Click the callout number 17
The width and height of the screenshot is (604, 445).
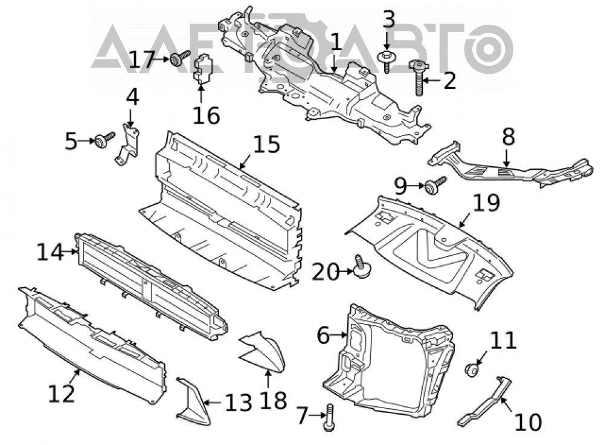point(141,60)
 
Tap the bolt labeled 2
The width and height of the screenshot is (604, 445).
point(419,77)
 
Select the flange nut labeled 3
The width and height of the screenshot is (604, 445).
point(387,61)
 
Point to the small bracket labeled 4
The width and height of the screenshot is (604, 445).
point(127,145)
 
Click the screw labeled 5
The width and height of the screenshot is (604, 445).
point(104,140)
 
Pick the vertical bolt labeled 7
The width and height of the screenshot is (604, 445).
point(329,417)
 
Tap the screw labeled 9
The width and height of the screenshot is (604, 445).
point(434,186)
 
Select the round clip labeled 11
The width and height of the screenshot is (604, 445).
point(472,370)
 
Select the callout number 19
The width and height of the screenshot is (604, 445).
point(486,203)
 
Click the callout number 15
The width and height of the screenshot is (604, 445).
point(266,145)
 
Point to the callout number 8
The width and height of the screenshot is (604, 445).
point(509,137)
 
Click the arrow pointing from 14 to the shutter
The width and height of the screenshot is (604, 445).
point(70,252)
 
